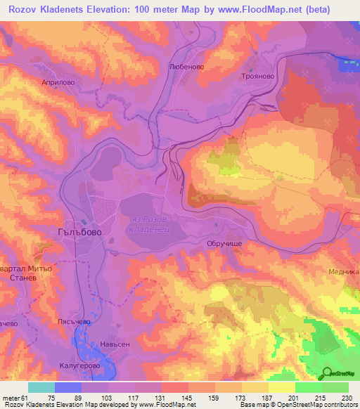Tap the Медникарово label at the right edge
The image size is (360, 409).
coord(344,271)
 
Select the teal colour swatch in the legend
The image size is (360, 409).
coord(41,387)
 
